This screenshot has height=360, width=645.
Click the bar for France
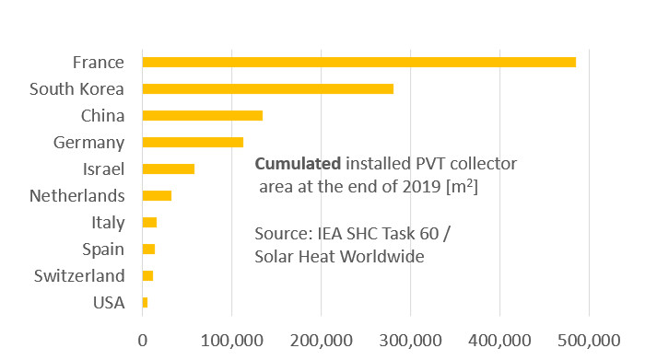(x=358, y=62)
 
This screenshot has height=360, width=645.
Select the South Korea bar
(x=267, y=89)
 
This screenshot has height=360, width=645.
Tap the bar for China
(x=202, y=116)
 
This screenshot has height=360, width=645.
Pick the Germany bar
(x=193, y=143)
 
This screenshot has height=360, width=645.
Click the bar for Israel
(x=168, y=169)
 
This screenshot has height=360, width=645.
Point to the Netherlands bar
(x=157, y=196)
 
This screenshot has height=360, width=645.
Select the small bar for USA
(x=145, y=303)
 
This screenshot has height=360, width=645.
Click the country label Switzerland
(x=78, y=276)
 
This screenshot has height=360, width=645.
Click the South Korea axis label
(x=76, y=89)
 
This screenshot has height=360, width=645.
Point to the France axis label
(x=98, y=63)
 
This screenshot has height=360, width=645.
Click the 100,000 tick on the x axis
(x=231, y=339)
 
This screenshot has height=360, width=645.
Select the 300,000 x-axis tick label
(x=410, y=339)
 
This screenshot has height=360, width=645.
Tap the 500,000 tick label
(x=589, y=339)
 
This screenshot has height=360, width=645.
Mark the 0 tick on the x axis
(x=143, y=339)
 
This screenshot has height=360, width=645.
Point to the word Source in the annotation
(x=280, y=234)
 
